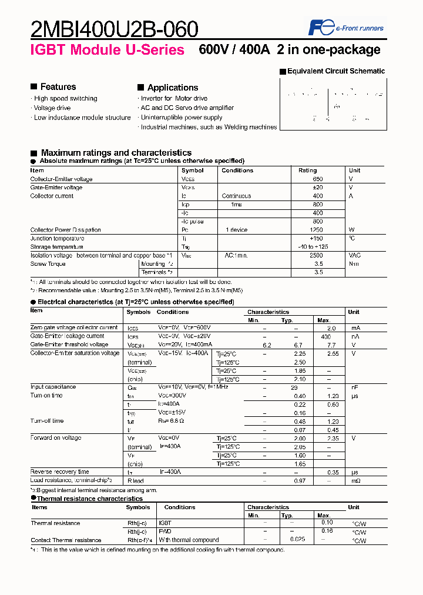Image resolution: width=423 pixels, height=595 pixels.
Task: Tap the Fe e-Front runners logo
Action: [346, 28]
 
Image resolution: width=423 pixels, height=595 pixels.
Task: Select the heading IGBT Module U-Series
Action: [107, 50]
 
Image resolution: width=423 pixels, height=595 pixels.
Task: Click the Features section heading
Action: [58, 87]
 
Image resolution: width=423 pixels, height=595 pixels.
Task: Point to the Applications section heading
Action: [172, 88]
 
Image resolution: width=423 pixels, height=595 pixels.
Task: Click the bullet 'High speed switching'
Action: [65, 99]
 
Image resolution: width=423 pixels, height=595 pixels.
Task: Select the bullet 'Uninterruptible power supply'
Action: [181, 118]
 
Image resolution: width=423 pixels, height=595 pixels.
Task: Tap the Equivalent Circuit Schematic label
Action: [335, 71]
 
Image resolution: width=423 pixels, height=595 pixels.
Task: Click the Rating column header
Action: [307, 171]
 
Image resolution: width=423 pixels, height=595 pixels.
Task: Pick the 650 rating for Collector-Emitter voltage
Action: [318, 179]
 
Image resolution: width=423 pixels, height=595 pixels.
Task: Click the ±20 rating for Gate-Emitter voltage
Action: [318, 188]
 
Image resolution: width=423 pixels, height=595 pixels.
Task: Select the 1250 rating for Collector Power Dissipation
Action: [316, 230]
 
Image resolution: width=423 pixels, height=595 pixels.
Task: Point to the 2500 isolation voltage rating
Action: [316, 256]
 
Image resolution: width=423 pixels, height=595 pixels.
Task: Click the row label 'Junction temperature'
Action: [57, 239]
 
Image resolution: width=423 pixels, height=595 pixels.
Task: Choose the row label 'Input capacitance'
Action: [53, 387]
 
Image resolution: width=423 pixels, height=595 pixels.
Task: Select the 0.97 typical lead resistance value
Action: [300, 480]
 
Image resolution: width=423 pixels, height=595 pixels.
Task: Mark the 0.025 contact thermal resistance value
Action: [297, 540]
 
